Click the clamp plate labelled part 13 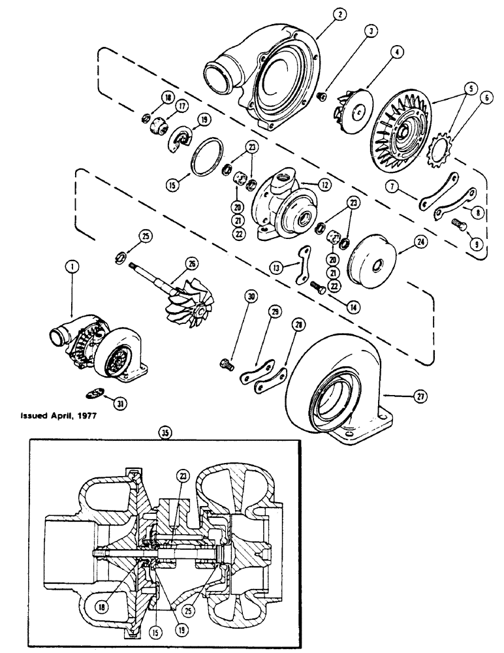(304, 264)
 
